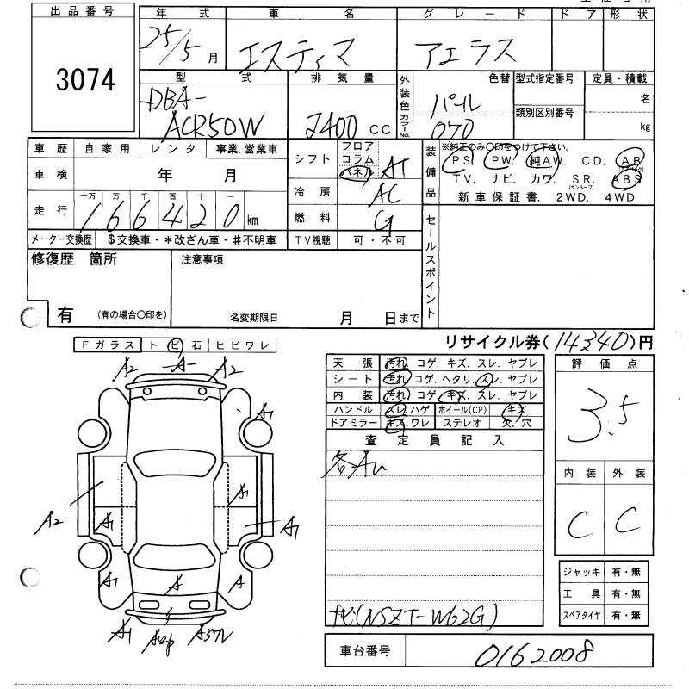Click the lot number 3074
84,81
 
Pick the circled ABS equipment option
626,180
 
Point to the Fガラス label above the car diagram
106,345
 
